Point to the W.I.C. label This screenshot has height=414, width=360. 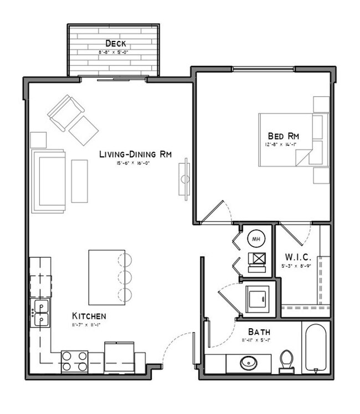298,257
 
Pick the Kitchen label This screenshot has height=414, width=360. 89,316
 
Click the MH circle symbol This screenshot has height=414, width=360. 256,239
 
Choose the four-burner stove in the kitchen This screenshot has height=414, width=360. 74,361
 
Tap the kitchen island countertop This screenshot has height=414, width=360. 103,276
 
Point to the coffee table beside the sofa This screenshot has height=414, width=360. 79,180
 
